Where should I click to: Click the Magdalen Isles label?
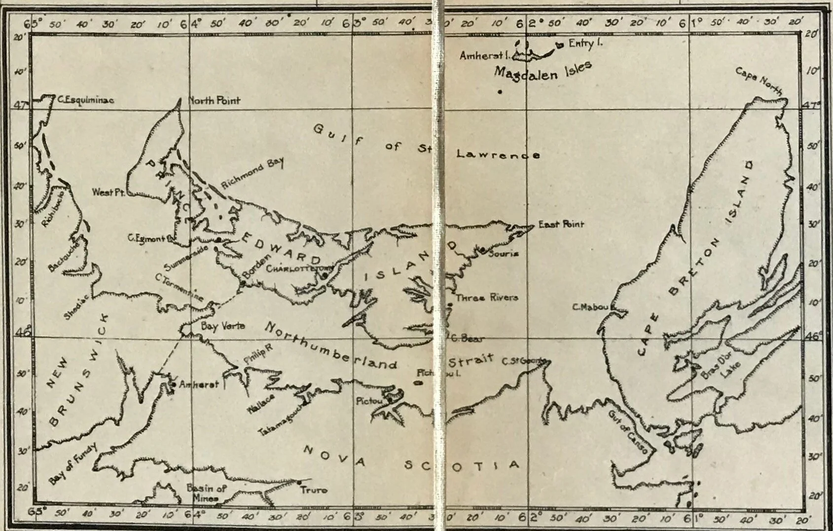coord(543,72)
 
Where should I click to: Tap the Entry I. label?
coord(585,43)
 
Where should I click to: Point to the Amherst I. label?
coord(484,56)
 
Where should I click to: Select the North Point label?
coord(215,101)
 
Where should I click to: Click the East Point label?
coord(561,225)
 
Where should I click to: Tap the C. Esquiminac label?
coord(86,100)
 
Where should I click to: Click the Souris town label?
coord(503,254)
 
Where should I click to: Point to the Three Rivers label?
coord(487,298)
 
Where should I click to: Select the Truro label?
coord(314,490)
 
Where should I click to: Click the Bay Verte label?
coord(222,326)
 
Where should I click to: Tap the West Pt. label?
coord(109,192)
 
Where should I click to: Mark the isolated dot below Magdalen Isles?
coord(500,92)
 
